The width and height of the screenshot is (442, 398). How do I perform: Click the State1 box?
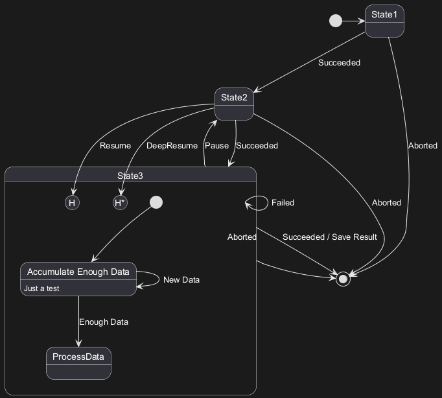pyautogui.click(x=384, y=21)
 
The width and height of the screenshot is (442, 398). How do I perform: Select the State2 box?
pyautogui.click(x=234, y=104)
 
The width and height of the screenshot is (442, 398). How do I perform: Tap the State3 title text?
pyautogui.click(x=131, y=176)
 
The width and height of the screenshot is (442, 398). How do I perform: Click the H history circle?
pyautogui.click(x=73, y=203)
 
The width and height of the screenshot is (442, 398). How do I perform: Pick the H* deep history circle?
pyautogui.click(x=120, y=203)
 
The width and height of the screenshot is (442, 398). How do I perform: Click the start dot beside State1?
pyautogui.click(x=336, y=21)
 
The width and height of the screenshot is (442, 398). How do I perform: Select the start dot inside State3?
pyautogui.click(x=156, y=202)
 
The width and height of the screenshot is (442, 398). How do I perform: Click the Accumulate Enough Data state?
pyautogui.click(x=78, y=279)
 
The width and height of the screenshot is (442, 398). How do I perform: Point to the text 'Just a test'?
pyautogui.click(x=41, y=288)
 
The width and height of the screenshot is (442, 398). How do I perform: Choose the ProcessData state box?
pyautogui.click(x=79, y=363)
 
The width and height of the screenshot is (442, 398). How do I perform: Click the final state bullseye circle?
pyautogui.click(x=343, y=279)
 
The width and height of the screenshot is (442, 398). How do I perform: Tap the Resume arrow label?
pyautogui.click(x=115, y=146)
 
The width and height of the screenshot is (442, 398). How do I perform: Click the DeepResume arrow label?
pyautogui.click(x=172, y=146)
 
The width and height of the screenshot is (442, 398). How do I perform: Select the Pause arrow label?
pyautogui.click(x=216, y=146)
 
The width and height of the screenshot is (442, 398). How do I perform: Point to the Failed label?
pyautogui.click(x=283, y=203)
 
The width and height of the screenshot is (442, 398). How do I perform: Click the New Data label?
pyautogui.click(x=181, y=280)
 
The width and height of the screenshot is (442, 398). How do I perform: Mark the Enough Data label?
pyautogui.click(x=104, y=322)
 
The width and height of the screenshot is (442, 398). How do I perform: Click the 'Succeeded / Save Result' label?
pyautogui.click(x=329, y=237)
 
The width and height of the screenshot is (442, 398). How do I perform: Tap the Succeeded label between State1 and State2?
pyautogui.click(x=339, y=63)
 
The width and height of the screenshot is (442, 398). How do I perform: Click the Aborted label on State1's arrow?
pyautogui.click(x=423, y=146)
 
